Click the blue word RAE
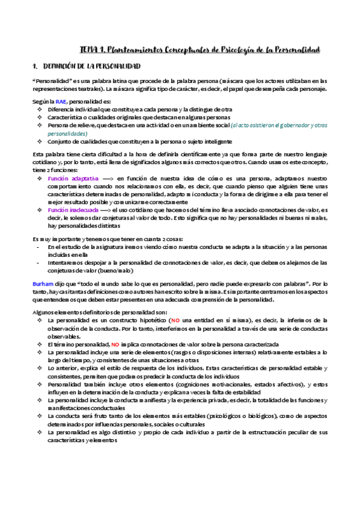tap(61, 102)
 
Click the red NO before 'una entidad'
tap(175, 321)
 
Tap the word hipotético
tap(152, 321)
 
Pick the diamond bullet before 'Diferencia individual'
tap(40, 109)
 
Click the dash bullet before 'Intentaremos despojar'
tap(40, 263)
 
